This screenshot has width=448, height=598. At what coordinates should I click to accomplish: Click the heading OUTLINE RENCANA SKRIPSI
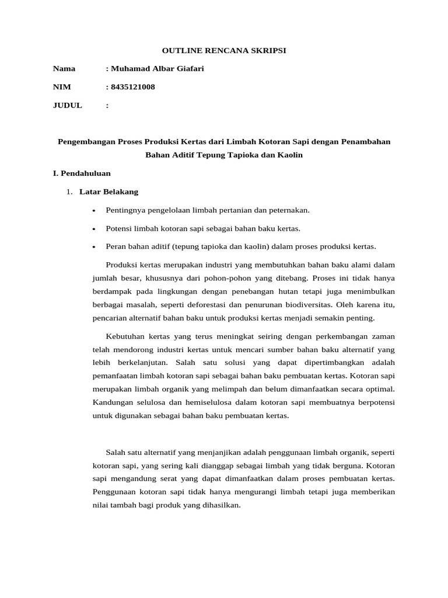[x=224, y=51]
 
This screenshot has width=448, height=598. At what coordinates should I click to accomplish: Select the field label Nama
[x=64, y=69]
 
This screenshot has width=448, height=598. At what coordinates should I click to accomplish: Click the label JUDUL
[x=68, y=106]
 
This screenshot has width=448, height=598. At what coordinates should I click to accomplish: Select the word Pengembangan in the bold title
[x=84, y=141]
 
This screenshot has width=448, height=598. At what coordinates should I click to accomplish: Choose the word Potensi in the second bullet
[x=118, y=228]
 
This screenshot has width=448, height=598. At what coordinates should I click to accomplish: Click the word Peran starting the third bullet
[x=116, y=246]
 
